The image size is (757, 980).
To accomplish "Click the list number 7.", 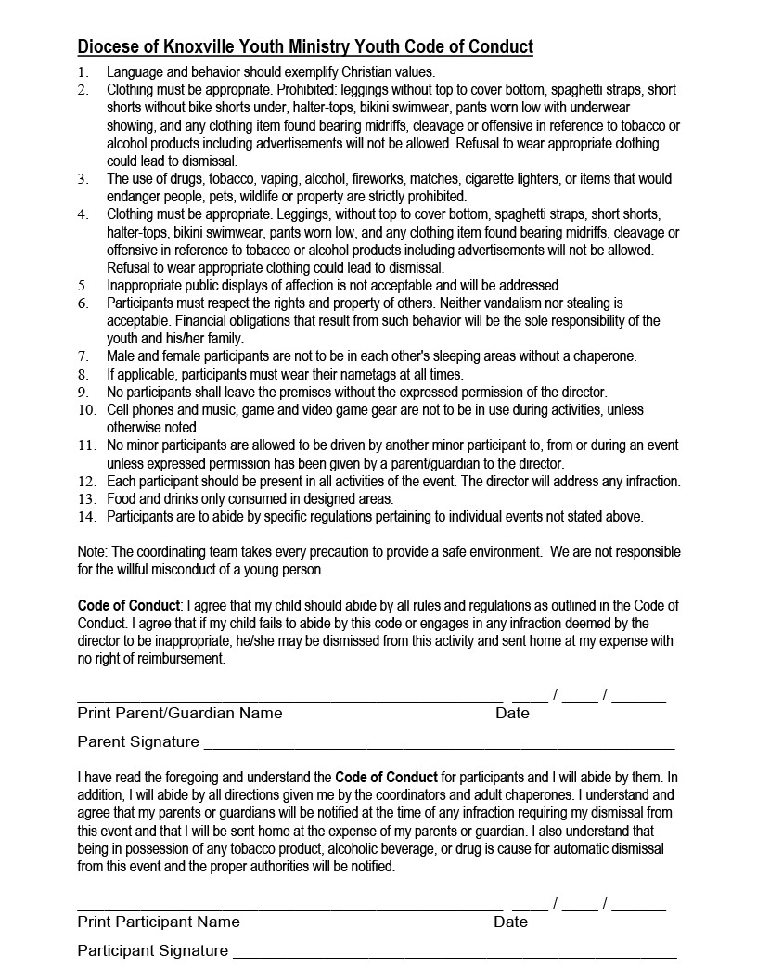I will (x=83, y=356).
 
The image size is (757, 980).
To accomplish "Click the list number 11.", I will (x=86, y=445).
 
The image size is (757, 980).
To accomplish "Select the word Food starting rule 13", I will (x=122, y=498).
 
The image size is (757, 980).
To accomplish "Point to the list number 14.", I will (x=86, y=517).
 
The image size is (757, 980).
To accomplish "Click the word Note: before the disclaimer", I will (x=93, y=551).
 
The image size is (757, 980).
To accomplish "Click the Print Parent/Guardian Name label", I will (x=179, y=713).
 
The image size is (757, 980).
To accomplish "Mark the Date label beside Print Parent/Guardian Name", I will (x=512, y=713).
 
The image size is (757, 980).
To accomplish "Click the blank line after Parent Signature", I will (x=438, y=746).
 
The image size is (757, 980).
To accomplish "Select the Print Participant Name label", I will (x=158, y=922).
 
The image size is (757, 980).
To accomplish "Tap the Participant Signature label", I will (x=152, y=950).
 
